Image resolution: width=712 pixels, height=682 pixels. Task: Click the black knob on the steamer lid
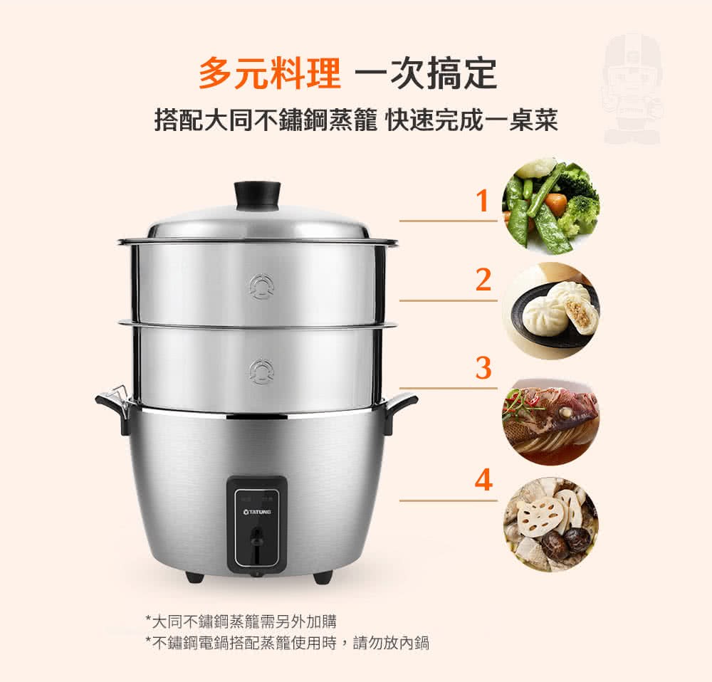(x=258, y=195)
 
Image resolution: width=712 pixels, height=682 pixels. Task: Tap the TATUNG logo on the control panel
(x=257, y=512)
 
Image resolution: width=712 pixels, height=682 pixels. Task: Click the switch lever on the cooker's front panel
(x=258, y=537)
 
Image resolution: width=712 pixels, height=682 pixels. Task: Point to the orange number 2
(x=483, y=280)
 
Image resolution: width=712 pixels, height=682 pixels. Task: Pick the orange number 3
(x=483, y=367)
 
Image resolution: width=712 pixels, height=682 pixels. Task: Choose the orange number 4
(x=483, y=480)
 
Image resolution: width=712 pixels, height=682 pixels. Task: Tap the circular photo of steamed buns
(x=551, y=311)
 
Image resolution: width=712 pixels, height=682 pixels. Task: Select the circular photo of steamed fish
(x=551, y=420)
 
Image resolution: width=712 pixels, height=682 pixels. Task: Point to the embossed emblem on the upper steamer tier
(x=261, y=287)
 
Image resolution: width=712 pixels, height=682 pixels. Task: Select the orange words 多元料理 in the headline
(x=269, y=73)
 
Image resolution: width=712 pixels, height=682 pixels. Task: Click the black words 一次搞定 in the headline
(x=426, y=73)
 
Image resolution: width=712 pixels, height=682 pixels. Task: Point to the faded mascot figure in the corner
(x=632, y=88)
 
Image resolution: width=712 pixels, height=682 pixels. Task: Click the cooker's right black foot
(x=323, y=576)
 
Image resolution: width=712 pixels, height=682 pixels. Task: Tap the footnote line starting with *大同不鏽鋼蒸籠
(x=241, y=621)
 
